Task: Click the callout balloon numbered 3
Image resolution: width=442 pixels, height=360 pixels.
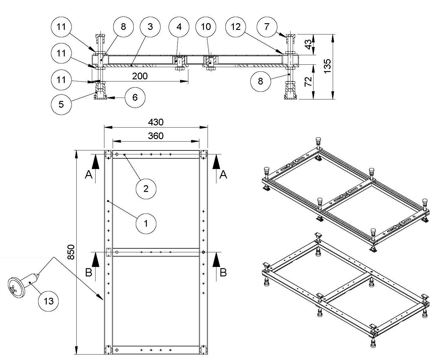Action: click(150, 27)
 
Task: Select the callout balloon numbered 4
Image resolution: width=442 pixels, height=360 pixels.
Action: click(179, 27)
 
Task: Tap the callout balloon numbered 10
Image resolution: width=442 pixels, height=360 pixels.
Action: click(206, 27)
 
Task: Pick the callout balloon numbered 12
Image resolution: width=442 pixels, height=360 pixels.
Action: click(236, 27)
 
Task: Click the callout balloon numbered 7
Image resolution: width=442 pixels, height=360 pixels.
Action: click(267, 27)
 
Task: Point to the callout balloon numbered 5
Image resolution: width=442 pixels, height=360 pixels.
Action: click(61, 104)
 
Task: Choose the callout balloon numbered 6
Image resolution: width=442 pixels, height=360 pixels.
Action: click(135, 97)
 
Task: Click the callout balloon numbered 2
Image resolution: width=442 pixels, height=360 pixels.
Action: click(146, 189)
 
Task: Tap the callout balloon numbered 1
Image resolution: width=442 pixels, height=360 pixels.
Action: click(146, 224)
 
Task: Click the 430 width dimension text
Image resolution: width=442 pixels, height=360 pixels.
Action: click(156, 122)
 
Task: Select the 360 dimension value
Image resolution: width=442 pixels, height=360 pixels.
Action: click(156, 136)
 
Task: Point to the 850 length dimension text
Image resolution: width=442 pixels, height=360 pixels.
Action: click(71, 252)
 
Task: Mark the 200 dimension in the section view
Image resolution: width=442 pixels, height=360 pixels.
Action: click(140, 76)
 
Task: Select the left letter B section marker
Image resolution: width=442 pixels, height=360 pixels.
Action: click(89, 272)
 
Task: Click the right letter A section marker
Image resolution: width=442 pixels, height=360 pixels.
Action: click(223, 175)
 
